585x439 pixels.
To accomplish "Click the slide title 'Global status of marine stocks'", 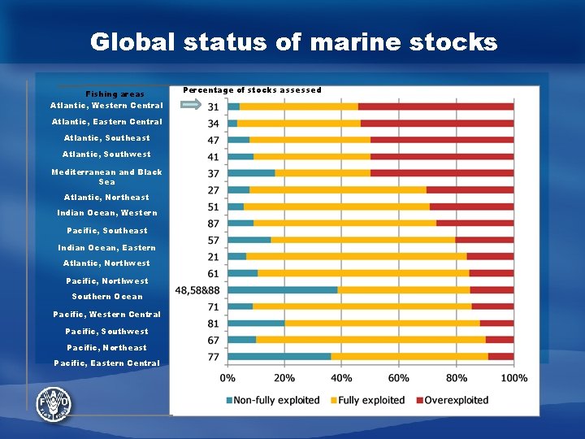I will point(293,42).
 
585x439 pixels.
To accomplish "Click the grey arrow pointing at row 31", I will point(190,106).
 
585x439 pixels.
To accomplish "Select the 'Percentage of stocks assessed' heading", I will point(252,90).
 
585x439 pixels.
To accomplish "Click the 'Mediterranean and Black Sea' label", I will point(106,176).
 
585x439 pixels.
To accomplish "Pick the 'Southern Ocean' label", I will point(106,297).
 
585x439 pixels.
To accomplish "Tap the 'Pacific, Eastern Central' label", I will point(106,363).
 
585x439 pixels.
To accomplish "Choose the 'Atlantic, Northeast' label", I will point(106,198).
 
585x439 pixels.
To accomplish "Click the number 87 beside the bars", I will point(214,223).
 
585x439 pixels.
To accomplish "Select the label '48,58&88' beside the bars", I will point(197,290).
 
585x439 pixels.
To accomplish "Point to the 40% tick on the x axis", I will point(342,378).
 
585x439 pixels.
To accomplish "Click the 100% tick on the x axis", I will point(513,378).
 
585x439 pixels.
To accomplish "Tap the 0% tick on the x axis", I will point(228,378).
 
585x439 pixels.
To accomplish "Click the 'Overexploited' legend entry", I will point(451,400).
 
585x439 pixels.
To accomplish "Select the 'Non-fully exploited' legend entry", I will point(272,400).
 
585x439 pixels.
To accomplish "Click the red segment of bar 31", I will point(435,106).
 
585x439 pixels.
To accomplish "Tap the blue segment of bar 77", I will point(279,356).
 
